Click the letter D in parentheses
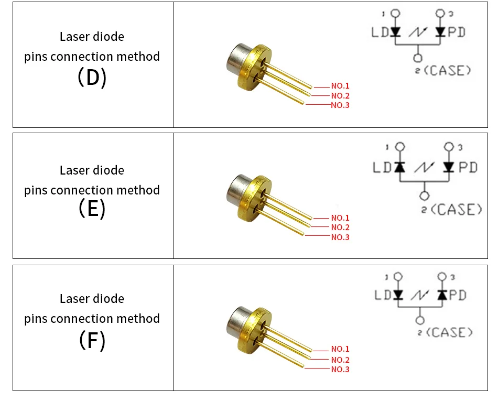pyautogui.click(x=92, y=78)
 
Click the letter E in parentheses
pyautogui.click(x=92, y=209)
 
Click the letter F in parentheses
pyautogui.click(x=92, y=341)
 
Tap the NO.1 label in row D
pyautogui.click(x=340, y=85)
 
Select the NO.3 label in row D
pyautogui.click(x=340, y=105)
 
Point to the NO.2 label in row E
pyautogui.click(x=340, y=227)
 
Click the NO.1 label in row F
pyautogui.click(x=340, y=349)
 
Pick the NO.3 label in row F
pyautogui.click(x=340, y=370)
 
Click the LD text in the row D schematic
pyautogui.click(x=380, y=32)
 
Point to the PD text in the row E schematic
pyautogui.click(x=468, y=167)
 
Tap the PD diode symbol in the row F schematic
pyautogui.click(x=442, y=295)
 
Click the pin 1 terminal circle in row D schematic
pyautogui.click(x=396, y=13)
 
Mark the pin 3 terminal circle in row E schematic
pyautogui.click(x=449, y=147)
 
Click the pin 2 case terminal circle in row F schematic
pyautogui.click(x=419, y=320)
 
